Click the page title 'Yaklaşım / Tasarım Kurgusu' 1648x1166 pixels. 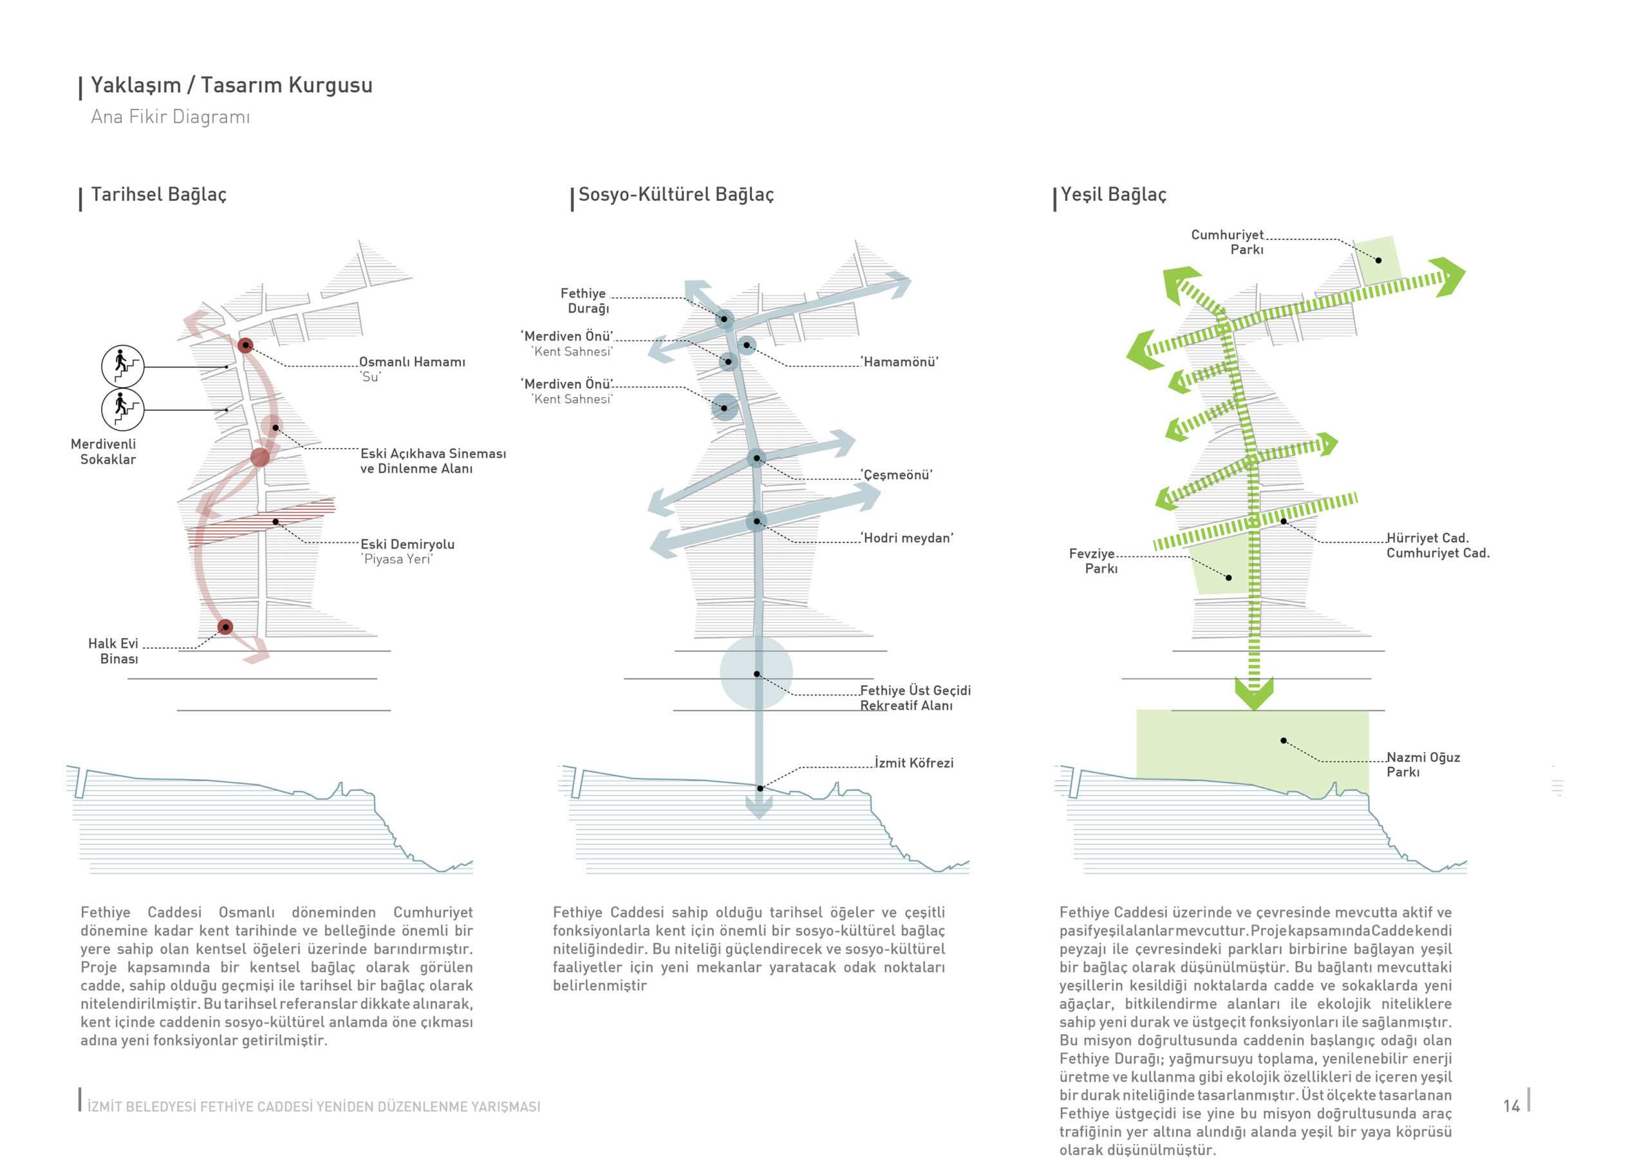(x=231, y=85)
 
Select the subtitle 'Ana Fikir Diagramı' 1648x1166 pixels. (x=170, y=117)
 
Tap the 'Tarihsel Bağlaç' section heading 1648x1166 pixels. (x=158, y=194)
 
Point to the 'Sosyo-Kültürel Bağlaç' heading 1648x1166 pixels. (x=675, y=194)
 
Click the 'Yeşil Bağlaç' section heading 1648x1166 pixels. (x=1113, y=194)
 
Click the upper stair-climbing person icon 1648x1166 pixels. (x=123, y=366)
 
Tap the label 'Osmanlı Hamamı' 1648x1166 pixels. (x=412, y=362)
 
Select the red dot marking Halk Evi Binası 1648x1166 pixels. (x=225, y=627)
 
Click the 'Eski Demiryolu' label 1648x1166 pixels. (x=407, y=544)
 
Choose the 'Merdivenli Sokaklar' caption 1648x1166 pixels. (x=105, y=451)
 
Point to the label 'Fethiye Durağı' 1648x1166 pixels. (x=585, y=301)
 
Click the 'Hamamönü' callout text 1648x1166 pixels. (x=899, y=362)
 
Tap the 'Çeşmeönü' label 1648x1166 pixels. (x=897, y=475)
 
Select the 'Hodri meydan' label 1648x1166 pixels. (x=906, y=538)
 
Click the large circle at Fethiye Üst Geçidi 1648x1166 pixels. (x=756, y=673)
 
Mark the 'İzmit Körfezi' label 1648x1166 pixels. (x=913, y=763)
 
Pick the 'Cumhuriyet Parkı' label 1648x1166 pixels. (x=1228, y=242)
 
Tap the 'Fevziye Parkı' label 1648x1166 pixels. (x=1092, y=561)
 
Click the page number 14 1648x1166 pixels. (x=1512, y=1105)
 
